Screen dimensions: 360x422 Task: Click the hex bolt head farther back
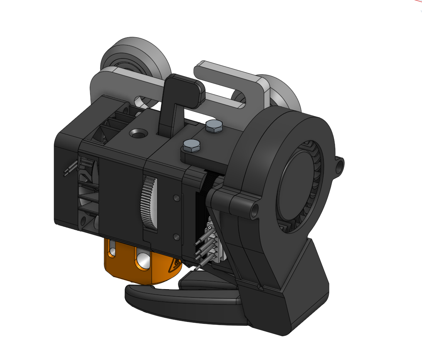pyautogui.click(x=214, y=126)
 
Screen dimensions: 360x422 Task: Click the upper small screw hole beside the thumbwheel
pyautogui.click(x=177, y=198)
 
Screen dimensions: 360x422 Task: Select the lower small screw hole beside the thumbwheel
pyautogui.click(x=177, y=236)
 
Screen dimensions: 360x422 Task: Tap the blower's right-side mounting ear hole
pyautogui.click(x=339, y=164)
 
